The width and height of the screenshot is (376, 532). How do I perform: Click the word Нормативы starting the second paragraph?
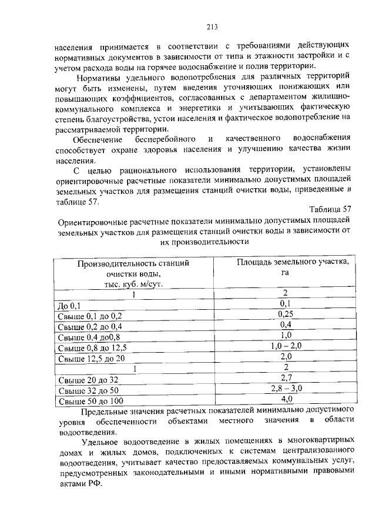click(102, 76)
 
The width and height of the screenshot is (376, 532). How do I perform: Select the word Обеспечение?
click(98, 140)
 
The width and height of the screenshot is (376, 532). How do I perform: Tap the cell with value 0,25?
click(286, 314)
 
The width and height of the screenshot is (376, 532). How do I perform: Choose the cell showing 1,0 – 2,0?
click(286, 346)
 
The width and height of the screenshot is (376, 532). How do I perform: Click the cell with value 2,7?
click(286, 378)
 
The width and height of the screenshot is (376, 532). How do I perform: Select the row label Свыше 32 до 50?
click(88, 390)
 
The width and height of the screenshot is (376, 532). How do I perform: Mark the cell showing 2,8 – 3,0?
click(286, 389)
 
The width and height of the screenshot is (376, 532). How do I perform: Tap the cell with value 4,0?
click(286, 399)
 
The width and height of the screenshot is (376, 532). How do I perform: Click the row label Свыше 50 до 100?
click(90, 400)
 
